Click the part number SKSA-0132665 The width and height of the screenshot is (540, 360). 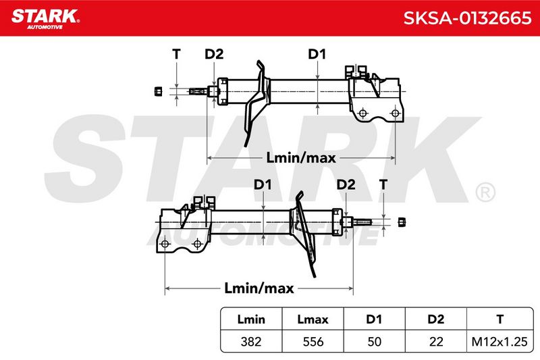[467, 18]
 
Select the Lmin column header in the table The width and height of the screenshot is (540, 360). [251, 319]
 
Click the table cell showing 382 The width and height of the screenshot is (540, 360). [251, 341]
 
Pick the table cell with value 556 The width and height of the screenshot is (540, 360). [313, 341]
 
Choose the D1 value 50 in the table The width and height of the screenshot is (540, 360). [374, 341]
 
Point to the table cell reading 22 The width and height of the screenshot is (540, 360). [435, 341]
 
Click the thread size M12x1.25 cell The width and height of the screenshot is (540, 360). [500, 341]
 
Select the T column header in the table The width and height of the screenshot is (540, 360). [500, 319]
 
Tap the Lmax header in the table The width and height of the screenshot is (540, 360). [313, 319]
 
